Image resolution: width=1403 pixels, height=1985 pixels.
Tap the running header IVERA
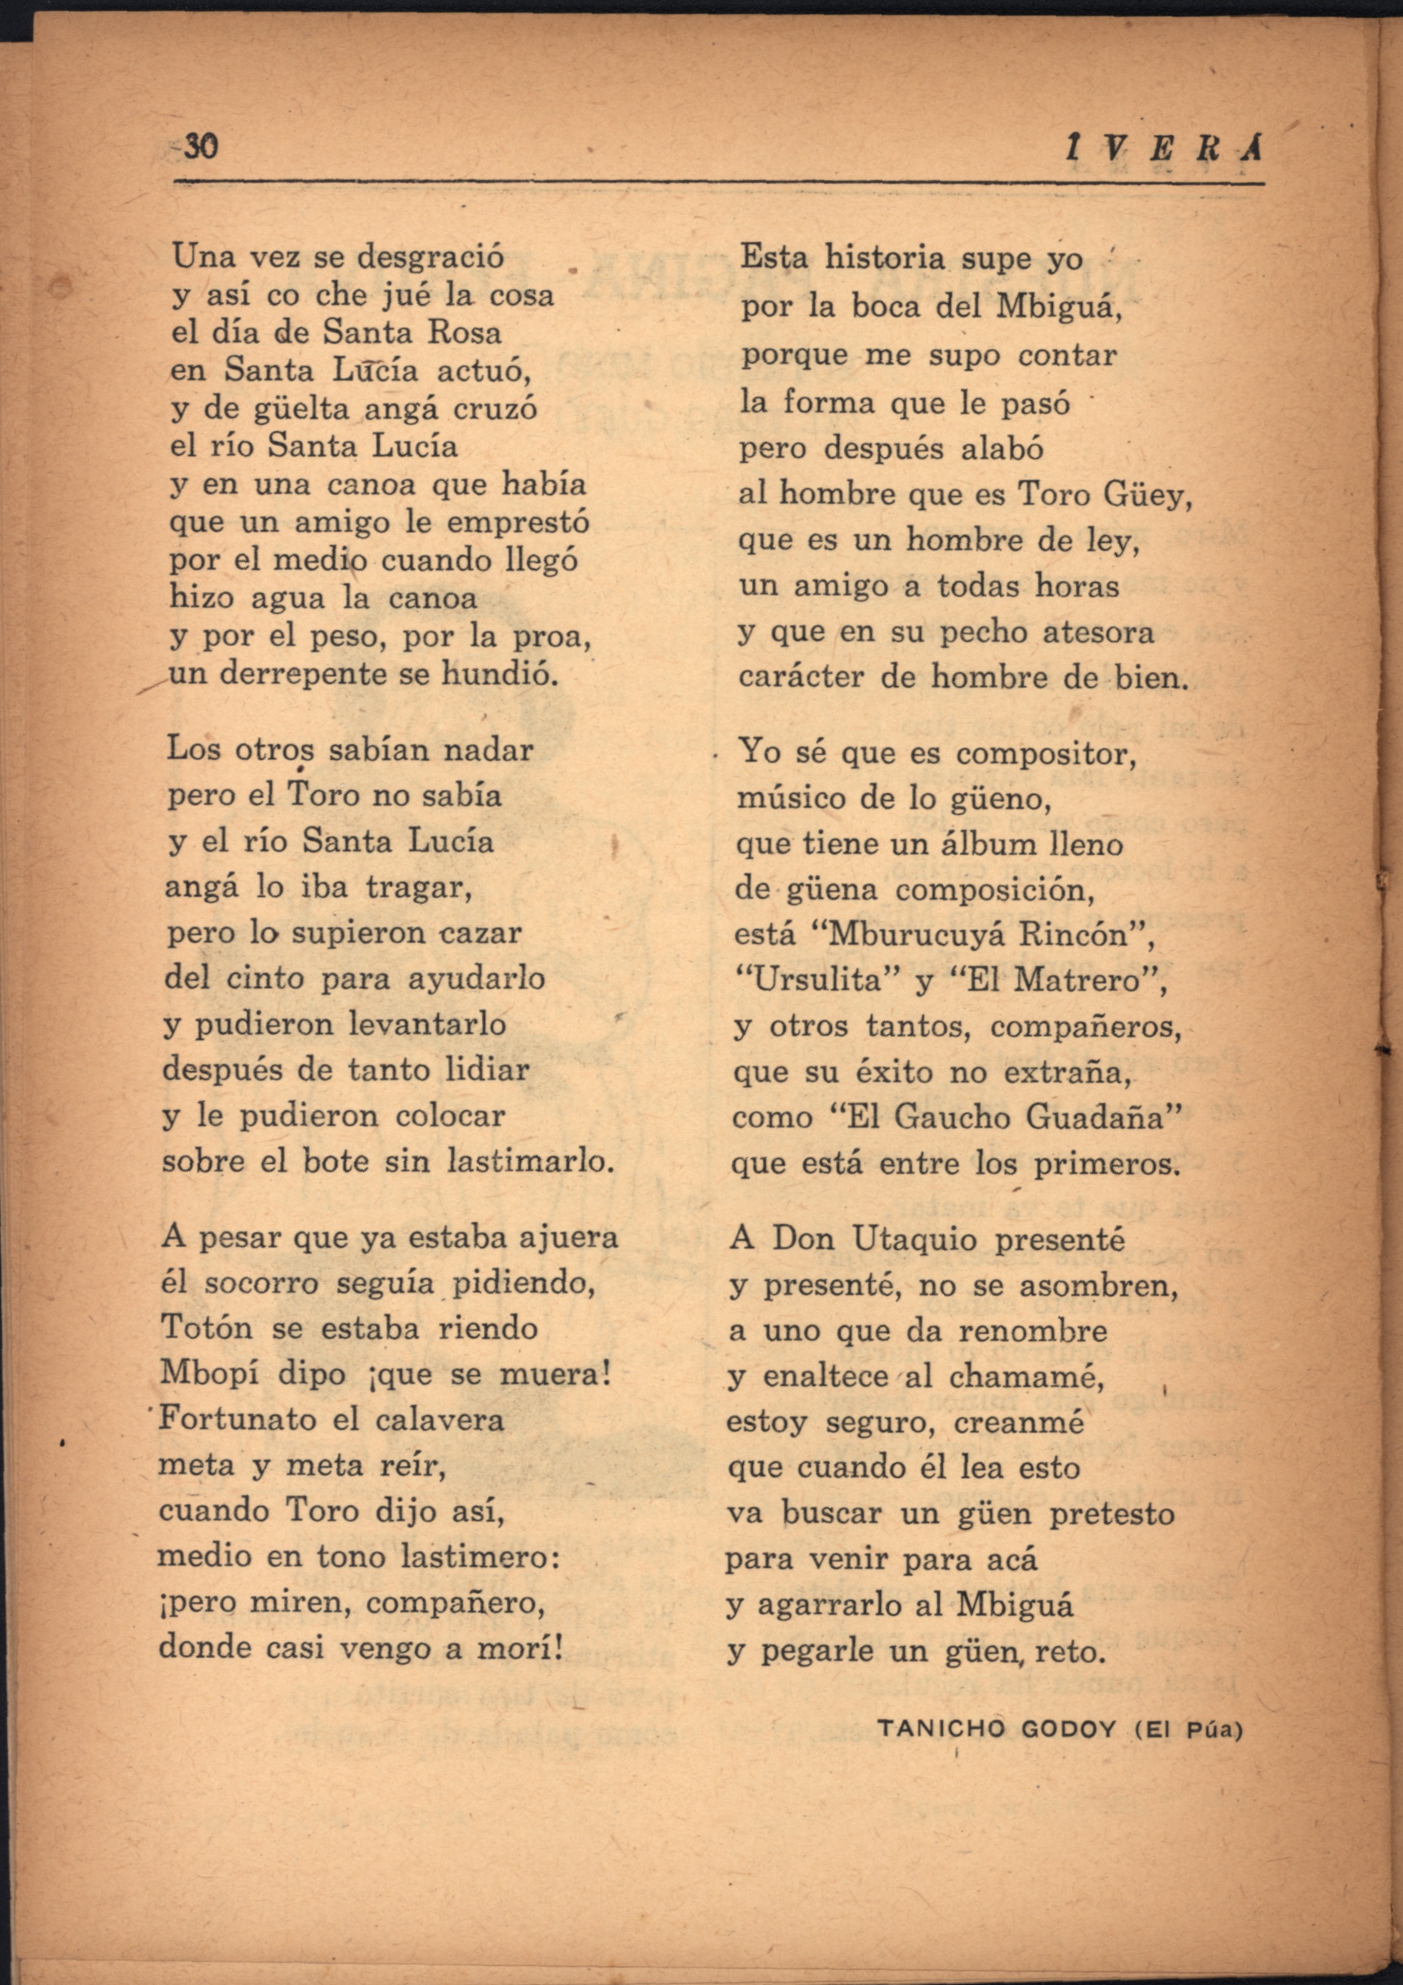pyautogui.click(x=1164, y=150)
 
